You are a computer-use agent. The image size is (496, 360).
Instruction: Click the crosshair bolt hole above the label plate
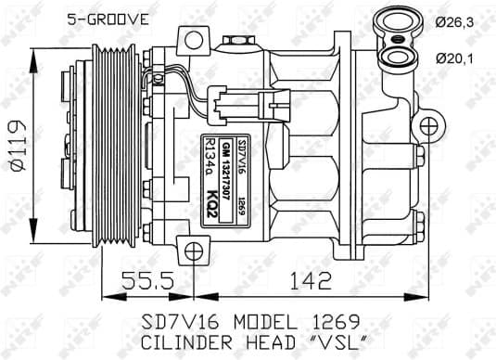(195, 40)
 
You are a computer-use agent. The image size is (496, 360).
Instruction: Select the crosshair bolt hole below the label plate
(193, 251)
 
